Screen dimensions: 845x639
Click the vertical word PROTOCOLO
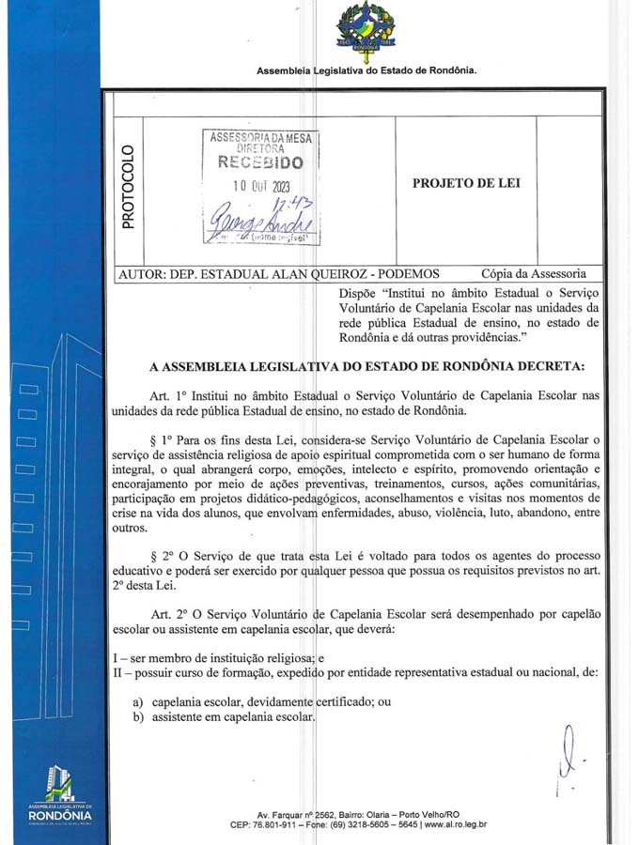[x=129, y=186]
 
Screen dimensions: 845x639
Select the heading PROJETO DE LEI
[x=466, y=183]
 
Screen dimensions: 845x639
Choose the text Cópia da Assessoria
[x=534, y=273]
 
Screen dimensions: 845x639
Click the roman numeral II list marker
[x=106, y=671]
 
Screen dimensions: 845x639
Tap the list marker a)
[x=137, y=701]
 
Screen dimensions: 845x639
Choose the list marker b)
[x=137, y=717]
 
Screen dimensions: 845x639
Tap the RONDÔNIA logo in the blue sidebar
[x=59, y=796]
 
